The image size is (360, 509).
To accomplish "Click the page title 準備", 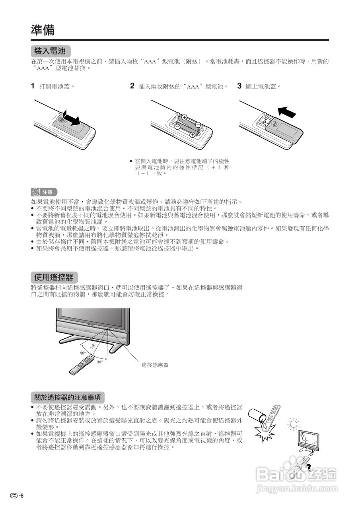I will pos(43,30).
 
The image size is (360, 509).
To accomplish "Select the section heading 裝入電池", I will pos(50,51).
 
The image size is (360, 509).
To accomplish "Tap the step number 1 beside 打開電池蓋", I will pos(33,86).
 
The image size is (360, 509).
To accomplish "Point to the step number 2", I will pos(132,86).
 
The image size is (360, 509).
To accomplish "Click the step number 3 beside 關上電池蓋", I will pos(239,86).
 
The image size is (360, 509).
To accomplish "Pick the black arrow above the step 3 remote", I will pos(287,112).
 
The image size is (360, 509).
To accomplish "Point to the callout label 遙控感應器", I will pos(155,365).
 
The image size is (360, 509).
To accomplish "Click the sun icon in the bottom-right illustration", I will pos(293,424).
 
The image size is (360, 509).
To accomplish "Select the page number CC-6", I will pos(18,495).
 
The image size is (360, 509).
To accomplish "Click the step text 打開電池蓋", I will pos(57,86).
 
